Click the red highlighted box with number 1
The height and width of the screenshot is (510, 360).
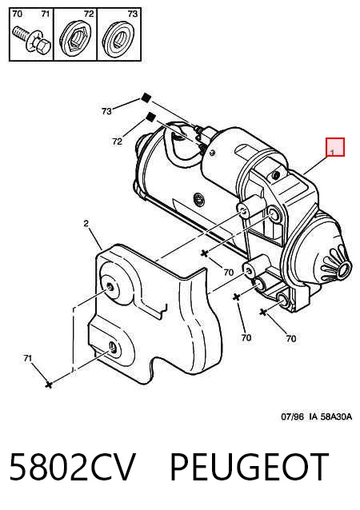click(x=335, y=147)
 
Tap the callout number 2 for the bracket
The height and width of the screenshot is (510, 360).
click(x=86, y=224)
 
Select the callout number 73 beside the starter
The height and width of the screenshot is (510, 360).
click(x=106, y=111)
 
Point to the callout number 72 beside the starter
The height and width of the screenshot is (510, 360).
click(x=117, y=141)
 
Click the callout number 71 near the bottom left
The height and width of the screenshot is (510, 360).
click(x=28, y=358)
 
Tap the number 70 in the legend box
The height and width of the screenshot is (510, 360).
click(x=17, y=14)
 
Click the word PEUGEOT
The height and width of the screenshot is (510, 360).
click(x=249, y=466)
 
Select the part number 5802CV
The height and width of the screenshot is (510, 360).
click(x=72, y=466)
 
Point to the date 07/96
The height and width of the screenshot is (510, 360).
click(x=292, y=416)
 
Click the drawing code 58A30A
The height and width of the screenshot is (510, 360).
click(x=336, y=416)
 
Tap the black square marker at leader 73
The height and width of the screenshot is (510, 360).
click(x=146, y=98)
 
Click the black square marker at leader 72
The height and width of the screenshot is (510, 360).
click(x=150, y=117)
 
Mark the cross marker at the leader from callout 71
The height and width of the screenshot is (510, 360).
click(x=49, y=384)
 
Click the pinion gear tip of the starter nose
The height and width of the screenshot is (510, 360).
click(x=344, y=269)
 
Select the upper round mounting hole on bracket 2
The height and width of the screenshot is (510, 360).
click(x=111, y=287)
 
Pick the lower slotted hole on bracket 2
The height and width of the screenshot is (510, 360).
click(x=113, y=348)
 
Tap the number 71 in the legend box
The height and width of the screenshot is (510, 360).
click(x=46, y=14)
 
